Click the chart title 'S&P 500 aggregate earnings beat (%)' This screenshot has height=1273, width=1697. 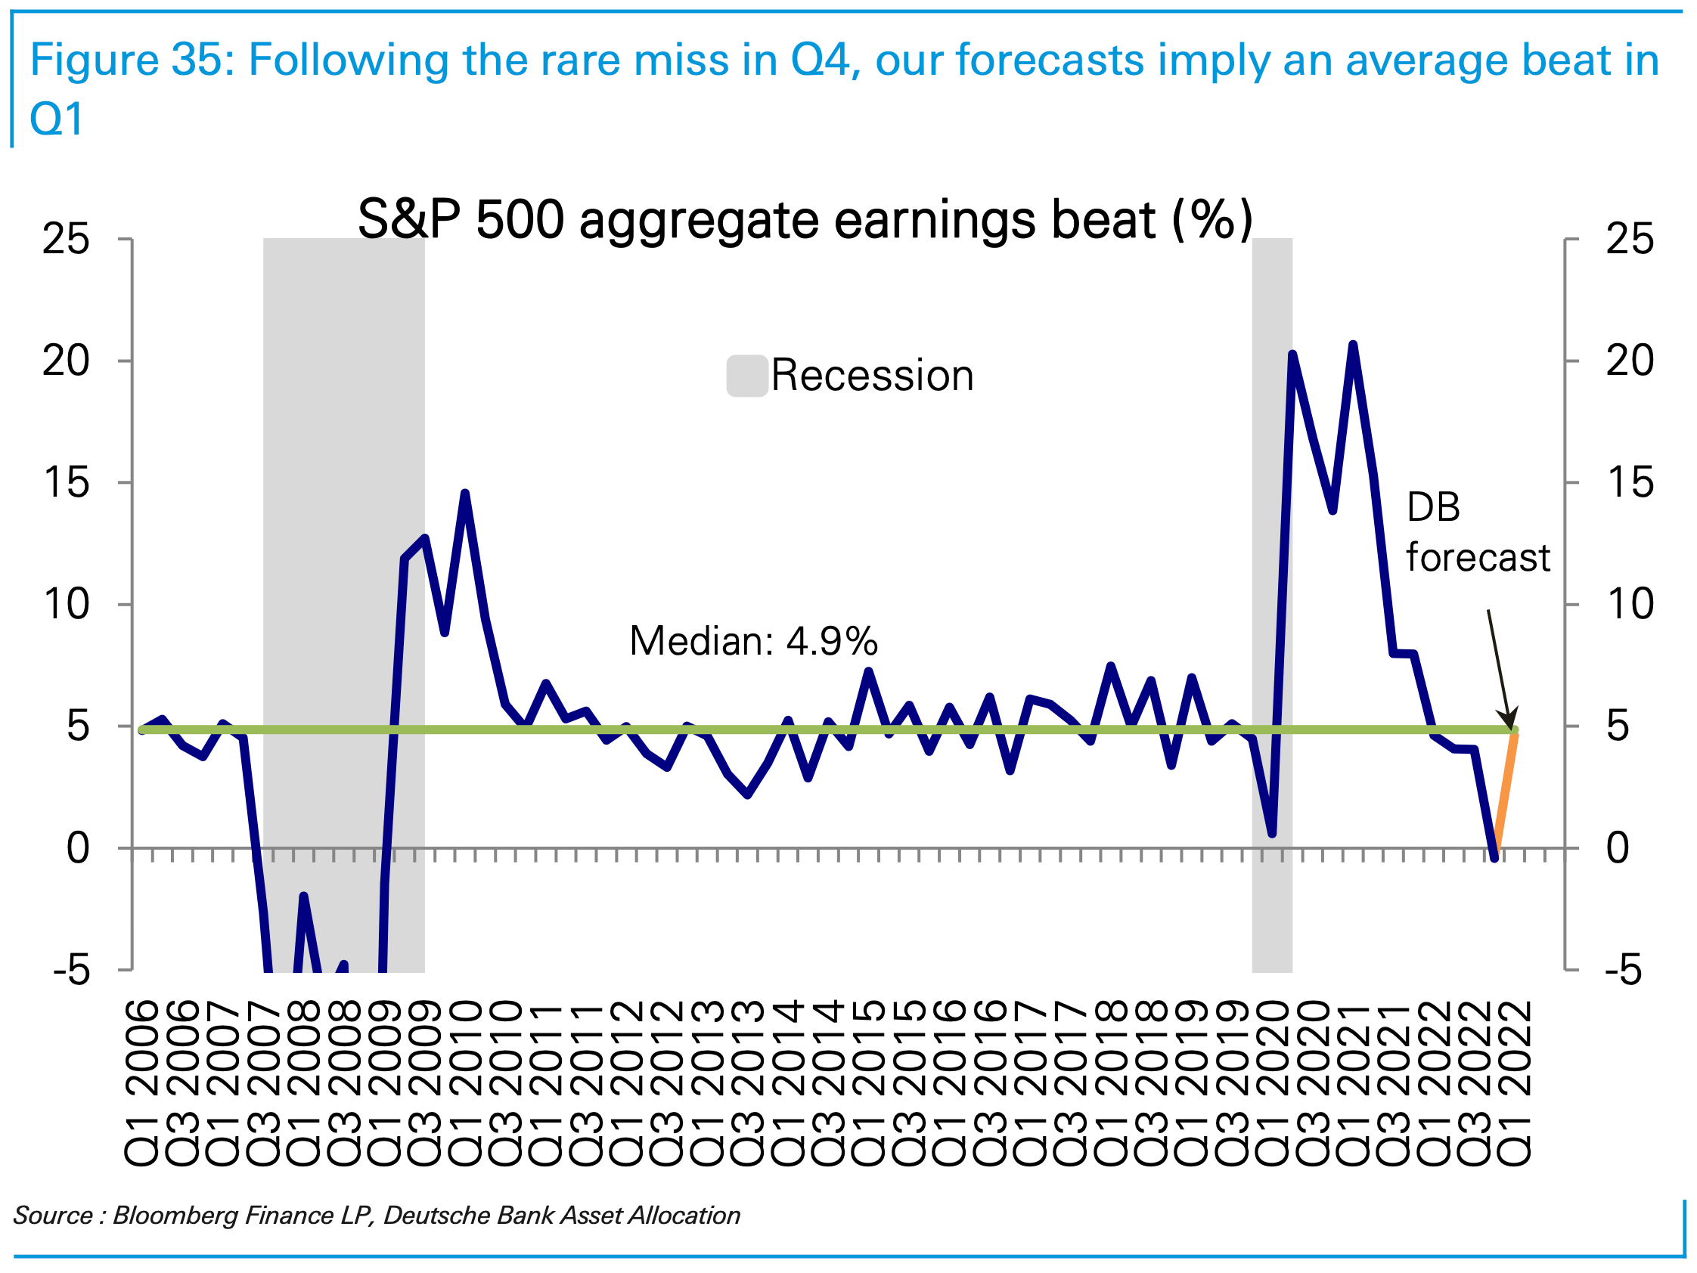click(805, 220)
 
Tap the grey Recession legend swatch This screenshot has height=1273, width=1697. click(746, 376)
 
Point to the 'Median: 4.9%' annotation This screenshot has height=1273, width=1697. click(752, 641)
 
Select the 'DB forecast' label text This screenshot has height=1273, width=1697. click(1477, 532)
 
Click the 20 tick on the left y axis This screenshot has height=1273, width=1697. click(66, 361)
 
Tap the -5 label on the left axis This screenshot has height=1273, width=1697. click(71, 971)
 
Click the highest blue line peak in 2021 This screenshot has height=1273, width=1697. click(1353, 345)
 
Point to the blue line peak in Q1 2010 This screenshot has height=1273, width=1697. click(465, 494)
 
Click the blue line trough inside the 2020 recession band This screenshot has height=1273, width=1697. click(1273, 833)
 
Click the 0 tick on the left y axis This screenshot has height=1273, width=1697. click(77, 848)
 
